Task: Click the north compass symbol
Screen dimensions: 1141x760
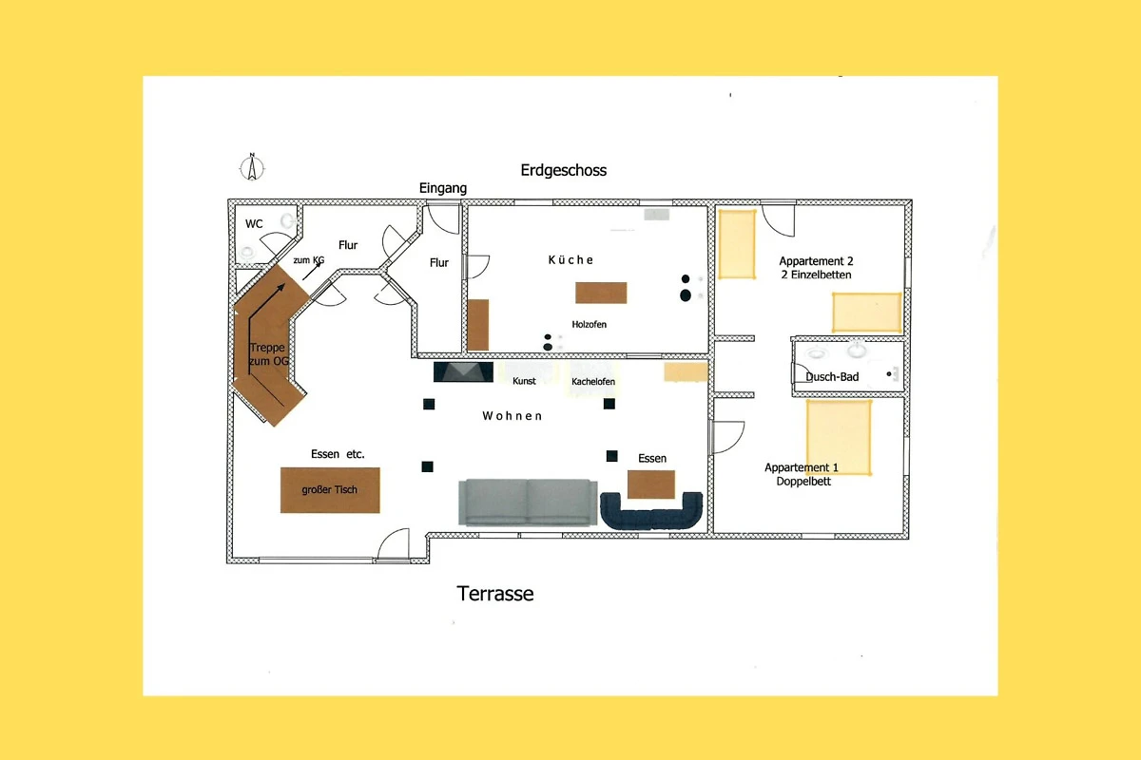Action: coord(252,167)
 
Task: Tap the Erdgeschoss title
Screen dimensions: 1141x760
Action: coord(563,170)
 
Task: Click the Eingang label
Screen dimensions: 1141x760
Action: coord(443,188)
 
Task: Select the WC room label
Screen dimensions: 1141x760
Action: coord(254,223)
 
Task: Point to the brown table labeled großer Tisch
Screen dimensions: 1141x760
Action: coord(330,489)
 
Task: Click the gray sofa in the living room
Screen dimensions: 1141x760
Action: coord(528,502)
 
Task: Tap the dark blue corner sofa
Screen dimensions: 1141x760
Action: coord(651,511)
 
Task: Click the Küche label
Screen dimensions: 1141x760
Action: coord(570,260)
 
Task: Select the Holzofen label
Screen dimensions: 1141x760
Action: coord(589,324)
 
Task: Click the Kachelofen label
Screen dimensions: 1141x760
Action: coord(593,381)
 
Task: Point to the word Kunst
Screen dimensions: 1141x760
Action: coord(524,381)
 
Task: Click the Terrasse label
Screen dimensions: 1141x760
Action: coord(495,594)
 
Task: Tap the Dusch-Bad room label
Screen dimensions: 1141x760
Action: coord(832,377)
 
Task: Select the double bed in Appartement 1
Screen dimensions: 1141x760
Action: coord(839,438)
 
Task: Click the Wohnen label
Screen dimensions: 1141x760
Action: coord(512,416)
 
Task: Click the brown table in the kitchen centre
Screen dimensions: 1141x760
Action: coord(601,293)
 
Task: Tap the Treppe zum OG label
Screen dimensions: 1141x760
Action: coord(268,354)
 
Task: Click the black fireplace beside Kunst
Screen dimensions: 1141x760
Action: coord(463,371)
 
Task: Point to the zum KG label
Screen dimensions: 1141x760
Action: coord(309,260)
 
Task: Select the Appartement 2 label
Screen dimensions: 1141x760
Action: coord(816,261)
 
